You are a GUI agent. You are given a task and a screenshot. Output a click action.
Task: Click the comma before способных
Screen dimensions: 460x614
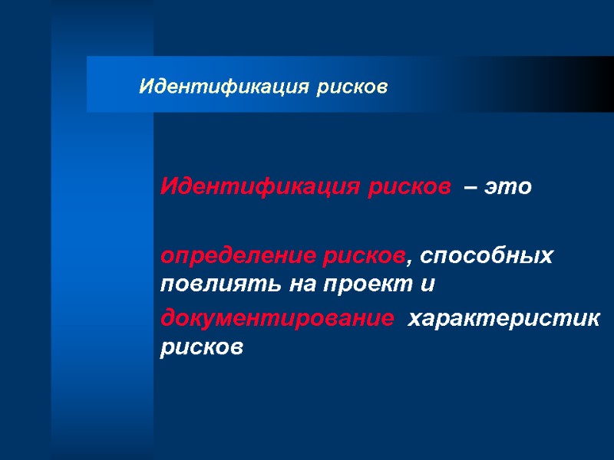coord(409,261)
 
